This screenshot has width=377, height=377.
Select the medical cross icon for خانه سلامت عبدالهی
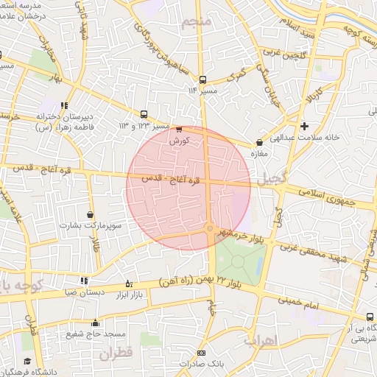(305, 126)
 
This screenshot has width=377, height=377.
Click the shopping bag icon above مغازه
(258, 143)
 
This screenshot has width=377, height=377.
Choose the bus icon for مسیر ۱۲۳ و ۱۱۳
(144, 115)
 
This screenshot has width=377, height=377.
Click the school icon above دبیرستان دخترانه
(65, 105)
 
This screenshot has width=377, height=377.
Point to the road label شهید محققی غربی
(317, 256)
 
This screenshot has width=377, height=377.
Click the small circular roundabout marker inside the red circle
(211, 229)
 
